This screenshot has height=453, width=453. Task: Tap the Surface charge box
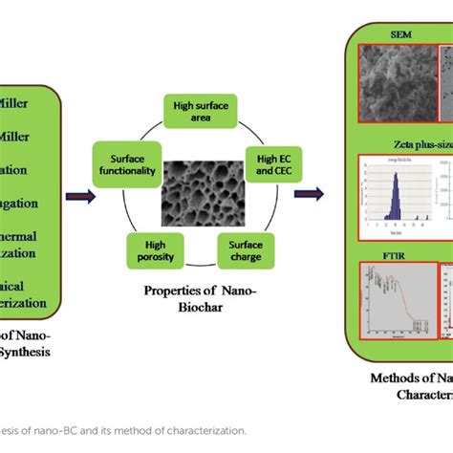tap(247, 250)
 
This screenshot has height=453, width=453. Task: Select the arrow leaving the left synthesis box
tap(79, 197)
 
